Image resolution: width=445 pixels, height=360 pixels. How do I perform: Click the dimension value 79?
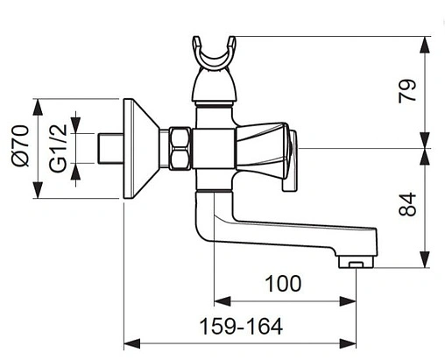(407, 91)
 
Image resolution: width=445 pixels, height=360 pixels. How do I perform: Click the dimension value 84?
(407, 204)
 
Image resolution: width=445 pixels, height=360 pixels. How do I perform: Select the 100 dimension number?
(283, 284)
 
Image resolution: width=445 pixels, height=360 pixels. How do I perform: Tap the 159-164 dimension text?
(241, 326)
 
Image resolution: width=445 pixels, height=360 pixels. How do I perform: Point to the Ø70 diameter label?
(21, 145)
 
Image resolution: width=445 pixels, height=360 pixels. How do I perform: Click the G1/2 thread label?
(58, 148)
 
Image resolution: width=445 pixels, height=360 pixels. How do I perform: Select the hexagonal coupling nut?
(180, 148)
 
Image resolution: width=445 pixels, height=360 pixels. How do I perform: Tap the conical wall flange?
(141, 149)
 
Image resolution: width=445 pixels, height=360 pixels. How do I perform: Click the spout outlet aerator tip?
(356, 261)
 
